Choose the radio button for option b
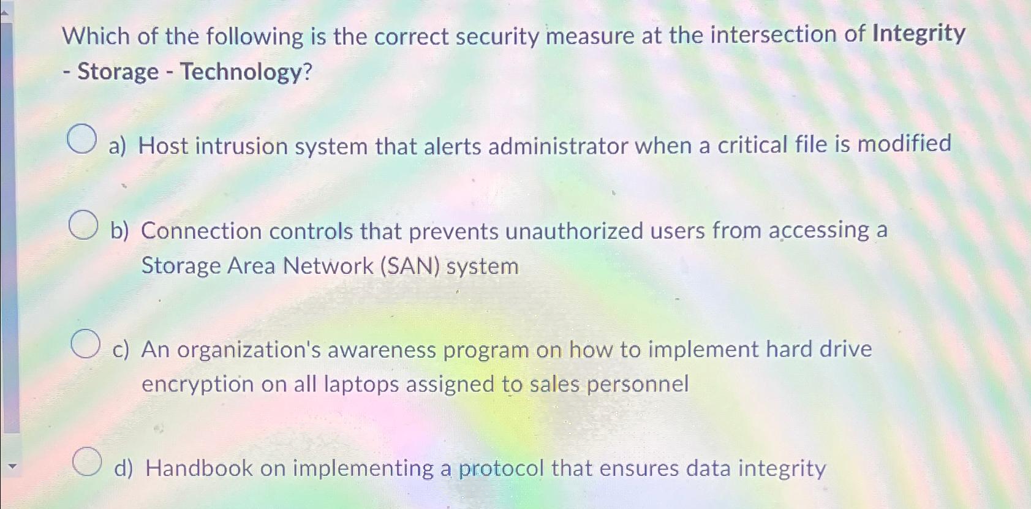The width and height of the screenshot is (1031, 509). pos(83,225)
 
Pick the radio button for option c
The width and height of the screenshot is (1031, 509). pos(85,343)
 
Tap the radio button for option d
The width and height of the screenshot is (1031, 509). pos(87,462)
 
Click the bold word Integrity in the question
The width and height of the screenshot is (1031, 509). pos(918,33)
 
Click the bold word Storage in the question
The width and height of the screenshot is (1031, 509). pos(118,72)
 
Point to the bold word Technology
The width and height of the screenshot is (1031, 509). pos(240,72)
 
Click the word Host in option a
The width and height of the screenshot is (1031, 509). pos(162,146)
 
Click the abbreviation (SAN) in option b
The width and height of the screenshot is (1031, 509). pos(409,266)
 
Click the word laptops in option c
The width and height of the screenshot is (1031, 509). pos(361,384)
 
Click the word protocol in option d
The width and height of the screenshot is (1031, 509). pos(500,469)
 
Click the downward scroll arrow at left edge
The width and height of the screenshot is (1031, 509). pos(9,466)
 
